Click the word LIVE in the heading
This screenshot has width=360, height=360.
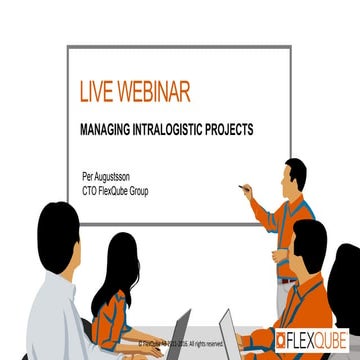98,93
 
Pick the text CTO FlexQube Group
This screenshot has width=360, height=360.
115,187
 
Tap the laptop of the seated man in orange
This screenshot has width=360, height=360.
236,330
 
